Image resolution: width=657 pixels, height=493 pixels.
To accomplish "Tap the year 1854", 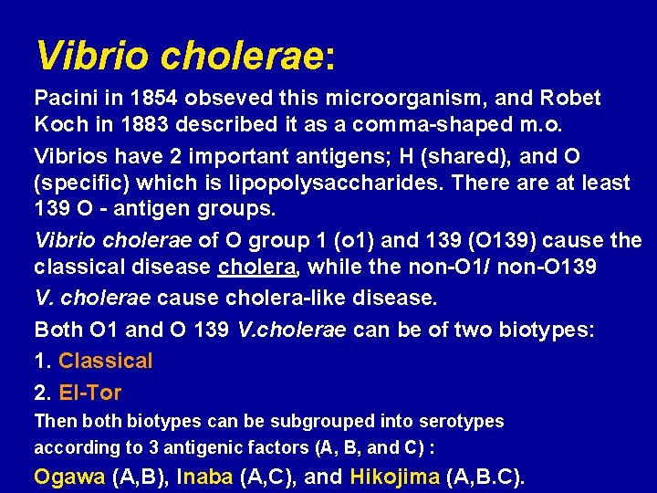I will click(146, 98).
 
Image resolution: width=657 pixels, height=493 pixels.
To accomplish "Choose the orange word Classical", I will click(106, 362).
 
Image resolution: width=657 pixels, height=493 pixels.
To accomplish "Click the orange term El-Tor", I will click(89, 393).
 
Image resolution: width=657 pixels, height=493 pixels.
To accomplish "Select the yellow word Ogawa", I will click(69, 477).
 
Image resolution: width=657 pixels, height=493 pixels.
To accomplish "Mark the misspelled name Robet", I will click(570, 98).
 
